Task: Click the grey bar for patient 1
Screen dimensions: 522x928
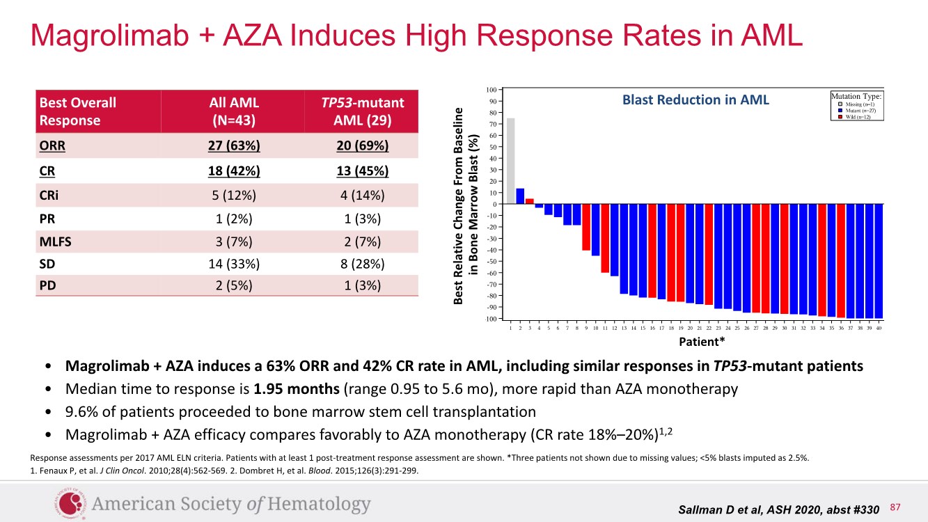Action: coord(510,161)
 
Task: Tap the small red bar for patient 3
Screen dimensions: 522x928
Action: coord(529,201)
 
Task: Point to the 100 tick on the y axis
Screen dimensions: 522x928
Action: coord(491,90)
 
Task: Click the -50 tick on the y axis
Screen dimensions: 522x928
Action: coord(491,262)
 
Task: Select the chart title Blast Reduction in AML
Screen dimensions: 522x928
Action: coord(695,100)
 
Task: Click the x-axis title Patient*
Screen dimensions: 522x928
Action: coord(702,342)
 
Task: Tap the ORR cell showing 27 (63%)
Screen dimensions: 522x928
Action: coord(234,147)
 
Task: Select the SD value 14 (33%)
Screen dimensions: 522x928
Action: coord(234,264)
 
